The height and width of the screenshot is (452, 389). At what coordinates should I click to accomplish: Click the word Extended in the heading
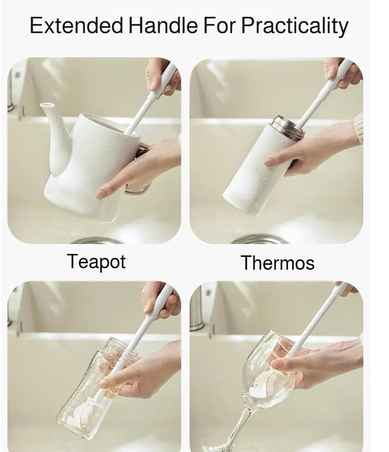[77, 25]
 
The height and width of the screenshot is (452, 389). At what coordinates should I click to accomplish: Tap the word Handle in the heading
[163, 25]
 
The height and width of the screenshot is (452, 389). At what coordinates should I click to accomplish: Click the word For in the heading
[220, 25]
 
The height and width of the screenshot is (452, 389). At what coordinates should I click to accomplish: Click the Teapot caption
[96, 262]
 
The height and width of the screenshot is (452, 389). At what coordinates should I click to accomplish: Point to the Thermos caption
[277, 263]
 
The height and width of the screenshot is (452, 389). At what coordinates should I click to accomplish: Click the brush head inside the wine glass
[263, 385]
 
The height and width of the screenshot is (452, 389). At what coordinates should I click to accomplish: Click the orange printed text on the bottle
[111, 393]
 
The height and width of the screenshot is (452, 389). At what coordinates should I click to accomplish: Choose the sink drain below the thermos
[259, 239]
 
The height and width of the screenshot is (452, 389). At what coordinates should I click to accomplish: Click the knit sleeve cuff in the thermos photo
[358, 128]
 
